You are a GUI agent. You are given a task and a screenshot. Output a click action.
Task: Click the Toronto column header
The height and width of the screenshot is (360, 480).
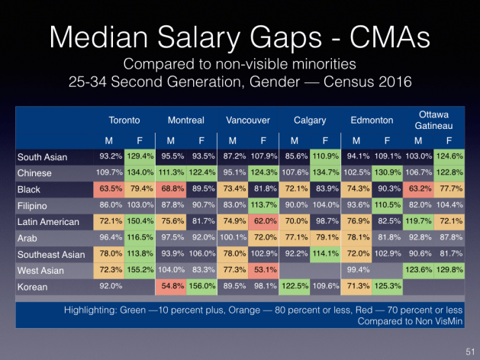(124, 121)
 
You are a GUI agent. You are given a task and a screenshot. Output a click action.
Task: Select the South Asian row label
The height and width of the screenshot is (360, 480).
(42, 157)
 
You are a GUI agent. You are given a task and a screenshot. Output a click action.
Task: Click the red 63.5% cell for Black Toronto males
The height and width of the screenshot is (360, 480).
(111, 189)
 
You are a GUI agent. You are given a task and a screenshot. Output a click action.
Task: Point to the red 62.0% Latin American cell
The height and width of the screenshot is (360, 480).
(262, 223)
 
